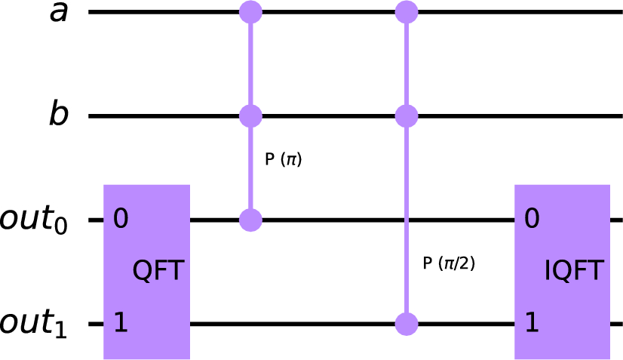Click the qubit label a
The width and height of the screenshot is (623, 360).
click(x=59, y=13)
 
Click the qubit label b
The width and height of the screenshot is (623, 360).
click(x=59, y=113)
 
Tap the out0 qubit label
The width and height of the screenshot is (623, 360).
click(x=33, y=220)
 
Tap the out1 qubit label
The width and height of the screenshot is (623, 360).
click(x=33, y=324)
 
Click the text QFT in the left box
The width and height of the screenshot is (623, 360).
click(x=158, y=270)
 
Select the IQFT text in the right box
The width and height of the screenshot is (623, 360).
click(x=574, y=270)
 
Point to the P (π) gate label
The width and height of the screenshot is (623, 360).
click(x=284, y=159)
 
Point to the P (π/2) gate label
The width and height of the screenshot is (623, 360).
click(x=449, y=263)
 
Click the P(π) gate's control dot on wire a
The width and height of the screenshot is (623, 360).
click(x=250, y=12)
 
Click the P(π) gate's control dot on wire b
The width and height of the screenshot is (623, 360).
click(x=250, y=116)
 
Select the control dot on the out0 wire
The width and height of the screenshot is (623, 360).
click(x=250, y=220)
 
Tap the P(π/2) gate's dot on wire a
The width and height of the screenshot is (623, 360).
click(x=407, y=12)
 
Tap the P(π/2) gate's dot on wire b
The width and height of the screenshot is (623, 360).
click(x=407, y=116)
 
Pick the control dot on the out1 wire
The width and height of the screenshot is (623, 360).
click(x=407, y=325)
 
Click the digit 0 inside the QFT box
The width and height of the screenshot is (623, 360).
click(x=121, y=219)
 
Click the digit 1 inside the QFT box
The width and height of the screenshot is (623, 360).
click(x=121, y=322)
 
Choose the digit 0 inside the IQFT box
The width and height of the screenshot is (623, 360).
click(x=532, y=219)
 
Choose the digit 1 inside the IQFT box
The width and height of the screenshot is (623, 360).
click(x=532, y=322)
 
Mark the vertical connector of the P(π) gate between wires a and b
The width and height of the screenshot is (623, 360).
click(x=250, y=64)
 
